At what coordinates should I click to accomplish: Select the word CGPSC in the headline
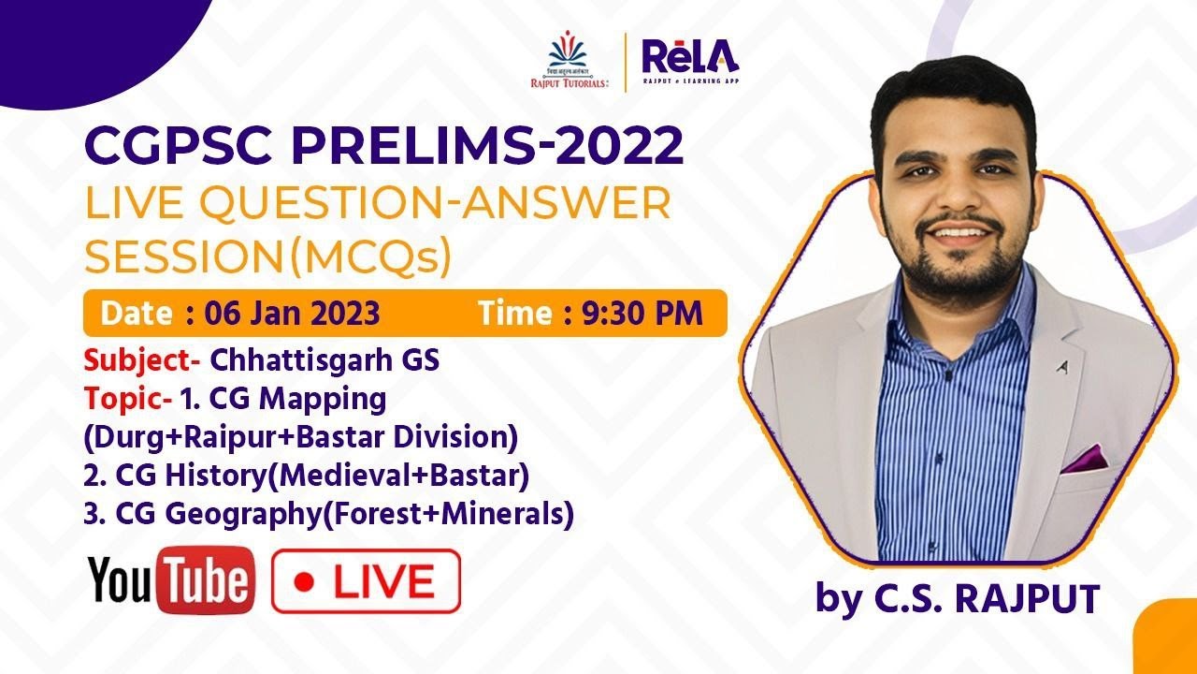179,147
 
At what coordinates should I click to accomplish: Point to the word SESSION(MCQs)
267,256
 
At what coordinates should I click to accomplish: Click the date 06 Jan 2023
284,314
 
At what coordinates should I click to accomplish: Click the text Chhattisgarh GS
324,360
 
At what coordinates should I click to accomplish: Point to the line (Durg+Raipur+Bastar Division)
300,437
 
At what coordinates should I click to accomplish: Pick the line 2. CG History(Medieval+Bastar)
307,476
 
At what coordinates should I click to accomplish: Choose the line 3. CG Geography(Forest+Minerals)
328,514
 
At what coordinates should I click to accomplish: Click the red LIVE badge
366,581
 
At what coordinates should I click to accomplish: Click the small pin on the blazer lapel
1062,368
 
